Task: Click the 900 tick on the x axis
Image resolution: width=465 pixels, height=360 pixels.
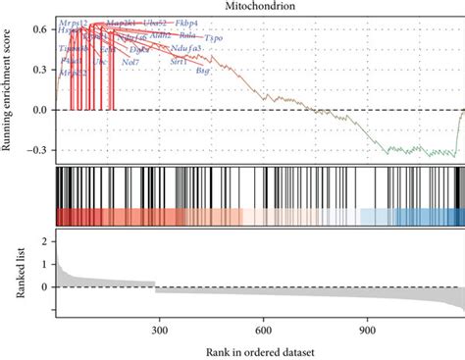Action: [366, 331]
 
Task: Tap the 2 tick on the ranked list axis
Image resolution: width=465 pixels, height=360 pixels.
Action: [46, 239]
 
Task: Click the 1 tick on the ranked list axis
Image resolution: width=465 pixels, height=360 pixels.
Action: [46, 264]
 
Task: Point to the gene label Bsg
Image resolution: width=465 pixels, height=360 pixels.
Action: [203, 71]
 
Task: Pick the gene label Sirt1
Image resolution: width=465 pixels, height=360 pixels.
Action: [179, 61]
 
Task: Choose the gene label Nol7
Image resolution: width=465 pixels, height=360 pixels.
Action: [129, 62]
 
